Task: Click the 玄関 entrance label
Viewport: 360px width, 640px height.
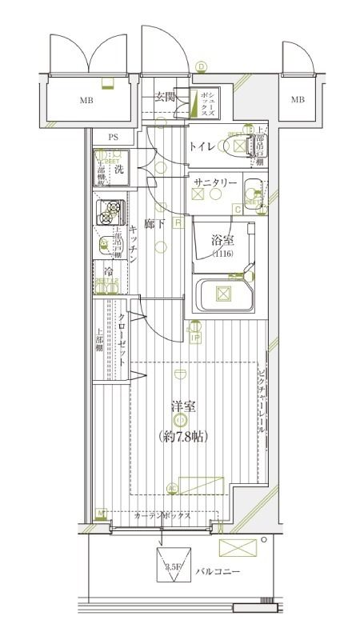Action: (165, 97)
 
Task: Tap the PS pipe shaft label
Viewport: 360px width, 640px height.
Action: (114, 137)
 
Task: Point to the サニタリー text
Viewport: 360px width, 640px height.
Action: (215, 183)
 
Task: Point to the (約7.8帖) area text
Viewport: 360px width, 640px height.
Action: (182, 436)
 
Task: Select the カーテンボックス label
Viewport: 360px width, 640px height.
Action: (162, 516)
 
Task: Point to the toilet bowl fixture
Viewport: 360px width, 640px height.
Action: (238, 146)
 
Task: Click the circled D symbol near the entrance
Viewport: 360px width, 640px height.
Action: (202, 66)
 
